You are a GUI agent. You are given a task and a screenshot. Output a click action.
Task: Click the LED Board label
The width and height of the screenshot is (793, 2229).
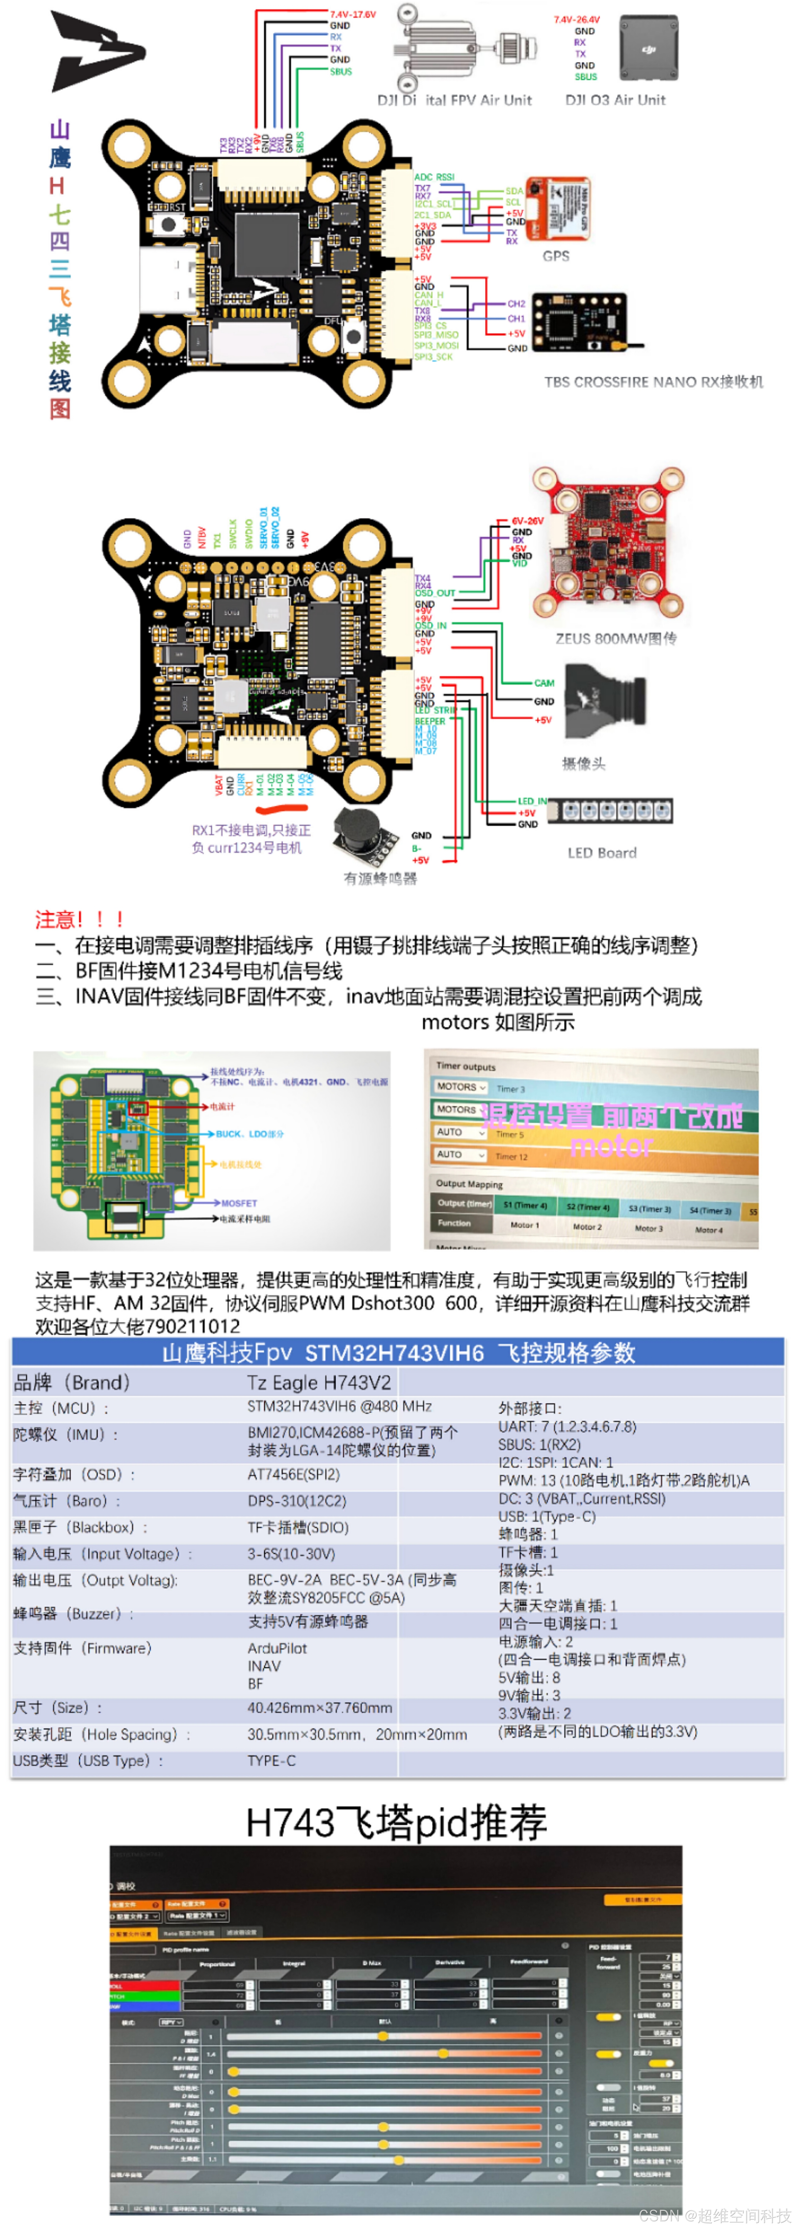click(602, 853)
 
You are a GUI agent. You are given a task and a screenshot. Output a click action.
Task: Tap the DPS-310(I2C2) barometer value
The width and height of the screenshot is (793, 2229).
click(297, 1501)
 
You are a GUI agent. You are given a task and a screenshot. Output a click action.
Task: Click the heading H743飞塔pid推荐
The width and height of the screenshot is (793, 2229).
click(396, 1822)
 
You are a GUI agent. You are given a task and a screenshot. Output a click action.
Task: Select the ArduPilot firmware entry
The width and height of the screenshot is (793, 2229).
click(277, 1649)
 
